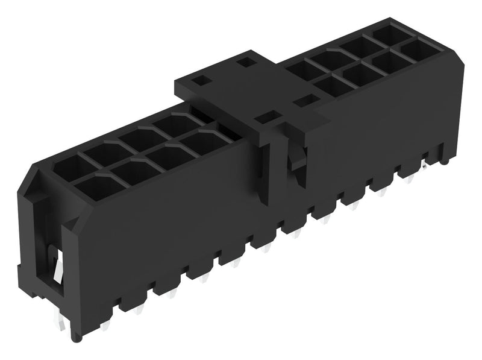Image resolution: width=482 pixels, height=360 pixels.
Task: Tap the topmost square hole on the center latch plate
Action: pyautogui.click(x=244, y=61)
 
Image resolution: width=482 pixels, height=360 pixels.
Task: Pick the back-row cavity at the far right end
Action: pyautogui.click(x=389, y=34)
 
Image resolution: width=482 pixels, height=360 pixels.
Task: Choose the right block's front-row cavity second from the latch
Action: pyautogui.click(x=360, y=74)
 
